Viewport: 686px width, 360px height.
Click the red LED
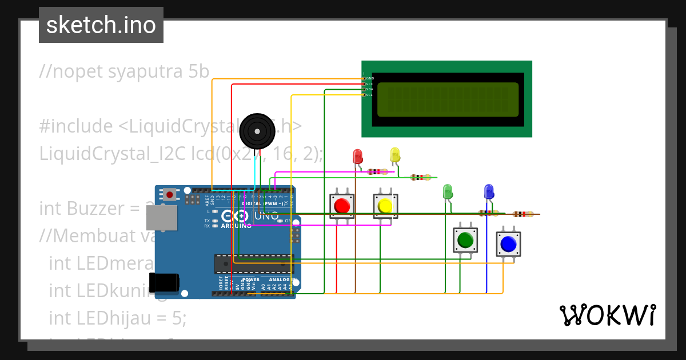tap(358, 157)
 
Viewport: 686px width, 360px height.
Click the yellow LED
tap(395, 154)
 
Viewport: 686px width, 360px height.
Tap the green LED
tap(448, 191)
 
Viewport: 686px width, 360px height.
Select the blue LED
tap(489, 191)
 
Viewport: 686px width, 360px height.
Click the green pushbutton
tap(465, 240)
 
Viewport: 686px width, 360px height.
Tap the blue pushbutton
tap(508, 245)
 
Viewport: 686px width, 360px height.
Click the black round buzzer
tap(257, 131)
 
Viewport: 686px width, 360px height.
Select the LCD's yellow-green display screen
tap(448, 98)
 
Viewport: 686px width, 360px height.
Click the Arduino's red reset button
tap(170, 194)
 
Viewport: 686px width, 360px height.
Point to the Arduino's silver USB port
tap(161, 218)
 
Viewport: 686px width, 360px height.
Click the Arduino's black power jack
tap(163, 282)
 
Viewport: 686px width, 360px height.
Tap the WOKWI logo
tap(607, 315)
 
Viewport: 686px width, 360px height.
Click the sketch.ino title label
tap(101, 25)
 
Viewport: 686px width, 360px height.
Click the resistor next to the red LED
tap(377, 171)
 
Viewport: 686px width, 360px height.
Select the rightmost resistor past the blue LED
tap(523, 214)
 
